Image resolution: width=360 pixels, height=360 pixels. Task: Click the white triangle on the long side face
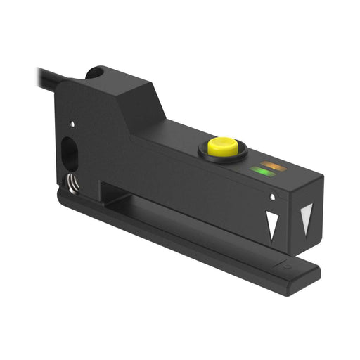(273, 224)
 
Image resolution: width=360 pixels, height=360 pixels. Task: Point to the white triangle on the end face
(306, 219)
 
